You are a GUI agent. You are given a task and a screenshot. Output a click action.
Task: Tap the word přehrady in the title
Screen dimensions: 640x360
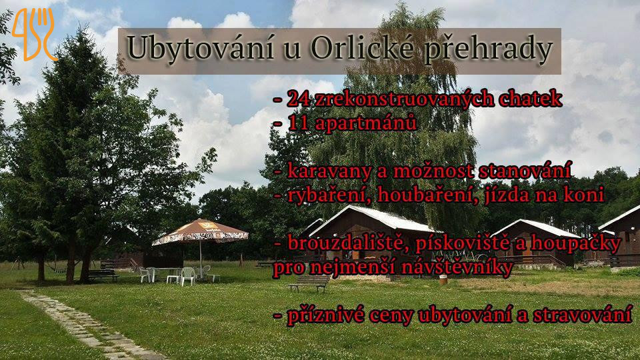coord(488,51)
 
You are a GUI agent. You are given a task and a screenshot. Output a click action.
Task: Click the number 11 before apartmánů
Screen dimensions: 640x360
coord(299,123)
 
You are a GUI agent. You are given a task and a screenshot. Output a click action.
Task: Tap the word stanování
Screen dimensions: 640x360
coord(525,170)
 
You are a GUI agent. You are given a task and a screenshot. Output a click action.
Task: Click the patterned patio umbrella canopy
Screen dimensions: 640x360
coord(201,232)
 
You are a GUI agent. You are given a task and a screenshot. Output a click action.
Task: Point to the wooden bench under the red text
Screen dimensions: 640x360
coord(309,283)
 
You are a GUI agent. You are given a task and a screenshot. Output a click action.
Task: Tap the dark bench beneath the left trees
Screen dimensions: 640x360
coord(102,275)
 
